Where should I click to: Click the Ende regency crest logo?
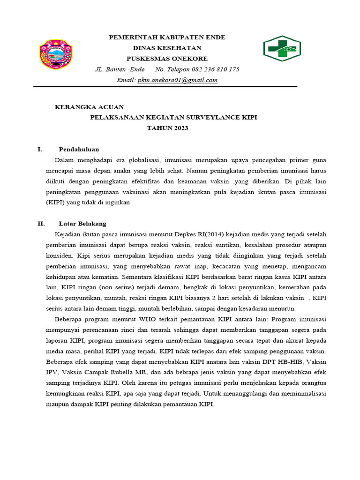tap(55, 55)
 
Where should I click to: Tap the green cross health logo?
tap(281, 48)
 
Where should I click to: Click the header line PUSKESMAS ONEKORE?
tap(167, 59)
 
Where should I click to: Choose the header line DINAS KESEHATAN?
tap(167, 48)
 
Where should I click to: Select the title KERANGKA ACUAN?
tap(90, 107)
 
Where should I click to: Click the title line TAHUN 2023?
tap(167, 127)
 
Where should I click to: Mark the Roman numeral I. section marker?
tap(40, 150)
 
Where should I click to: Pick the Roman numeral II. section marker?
tap(41, 224)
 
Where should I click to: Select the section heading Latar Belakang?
tap(82, 224)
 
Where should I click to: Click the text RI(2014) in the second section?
tap(210, 234)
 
